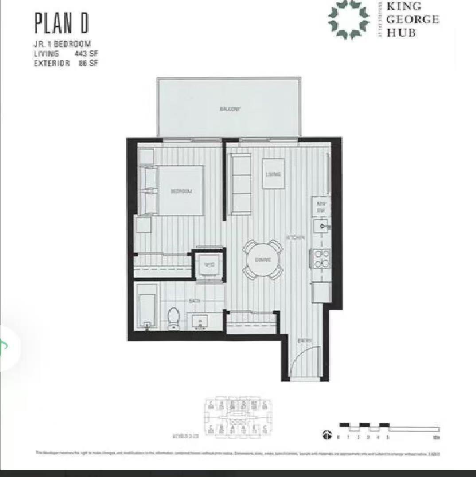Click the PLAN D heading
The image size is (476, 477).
[x=62, y=24]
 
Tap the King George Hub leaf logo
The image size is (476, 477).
[x=349, y=19]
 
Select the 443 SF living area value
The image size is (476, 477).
[x=86, y=54]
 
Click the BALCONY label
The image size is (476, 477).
[x=230, y=109]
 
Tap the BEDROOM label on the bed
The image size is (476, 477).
[x=181, y=191]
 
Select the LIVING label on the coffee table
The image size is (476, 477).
[x=273, y=174]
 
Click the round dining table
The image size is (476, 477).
[x=263, y=260]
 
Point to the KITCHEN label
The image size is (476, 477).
[x=296, y=238]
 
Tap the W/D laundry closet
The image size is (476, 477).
[x=209, y=265]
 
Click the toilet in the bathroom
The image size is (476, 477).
[x=173, y=318]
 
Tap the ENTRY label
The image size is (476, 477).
[x=304, y=341]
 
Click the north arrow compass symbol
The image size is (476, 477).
[x=327, y=435]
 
